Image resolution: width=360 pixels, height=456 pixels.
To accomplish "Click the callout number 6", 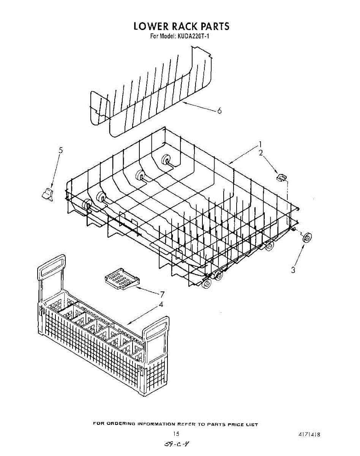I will pos(219,111).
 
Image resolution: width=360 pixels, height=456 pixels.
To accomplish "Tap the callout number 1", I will pos(261,144).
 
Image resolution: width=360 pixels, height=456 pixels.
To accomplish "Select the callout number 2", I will pos(261,153).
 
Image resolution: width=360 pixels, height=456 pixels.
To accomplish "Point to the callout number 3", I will pos(293,270).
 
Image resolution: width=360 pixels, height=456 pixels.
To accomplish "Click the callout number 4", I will pos(161,304).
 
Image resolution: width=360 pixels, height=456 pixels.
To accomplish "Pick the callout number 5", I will pos(60,150).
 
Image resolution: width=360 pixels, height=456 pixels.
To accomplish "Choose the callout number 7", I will pos(162,294).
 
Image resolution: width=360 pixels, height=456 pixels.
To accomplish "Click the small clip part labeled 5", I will pos(47,193).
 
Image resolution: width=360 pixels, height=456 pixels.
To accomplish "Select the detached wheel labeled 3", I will pos(307,238).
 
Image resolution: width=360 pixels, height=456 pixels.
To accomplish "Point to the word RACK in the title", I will pos(181,26).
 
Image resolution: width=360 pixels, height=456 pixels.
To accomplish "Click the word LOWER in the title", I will pos(148,26).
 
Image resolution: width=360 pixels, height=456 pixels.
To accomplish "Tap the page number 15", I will pos(176,434).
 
